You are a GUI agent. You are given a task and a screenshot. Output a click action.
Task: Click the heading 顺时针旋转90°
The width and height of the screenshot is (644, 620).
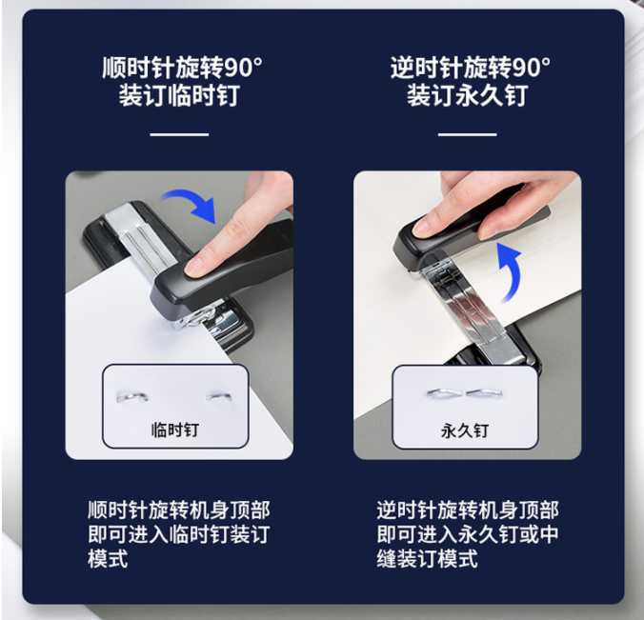(x=182, y=68)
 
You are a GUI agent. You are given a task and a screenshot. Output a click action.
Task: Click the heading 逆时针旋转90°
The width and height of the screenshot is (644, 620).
(x=471, y=68)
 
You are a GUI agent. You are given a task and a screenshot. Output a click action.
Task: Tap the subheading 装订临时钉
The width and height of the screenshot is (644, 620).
(x=179, y=95)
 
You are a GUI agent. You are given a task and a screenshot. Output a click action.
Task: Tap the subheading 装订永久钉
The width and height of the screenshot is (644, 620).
(x=468, y=95)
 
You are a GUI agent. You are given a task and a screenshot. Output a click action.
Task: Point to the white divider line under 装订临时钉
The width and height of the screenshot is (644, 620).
(x=179, y=134)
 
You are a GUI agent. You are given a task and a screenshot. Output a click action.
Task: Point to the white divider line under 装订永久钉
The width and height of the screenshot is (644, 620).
(x=468, y=134)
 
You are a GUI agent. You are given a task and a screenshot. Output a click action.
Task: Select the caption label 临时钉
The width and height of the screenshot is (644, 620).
(x=175, y=430)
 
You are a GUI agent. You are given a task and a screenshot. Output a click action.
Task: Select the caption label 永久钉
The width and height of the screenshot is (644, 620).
(x=465, y=430)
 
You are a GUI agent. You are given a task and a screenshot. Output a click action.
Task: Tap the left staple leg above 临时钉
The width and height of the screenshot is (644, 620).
(x=132, y=397)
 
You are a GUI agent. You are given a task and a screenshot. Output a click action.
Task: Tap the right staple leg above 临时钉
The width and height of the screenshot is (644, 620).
(x=219, y=397)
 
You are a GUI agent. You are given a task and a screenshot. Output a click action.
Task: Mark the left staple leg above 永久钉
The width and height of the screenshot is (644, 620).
(x=444, y=393)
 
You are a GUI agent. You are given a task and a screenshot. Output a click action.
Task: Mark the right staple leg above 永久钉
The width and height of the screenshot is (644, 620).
(x=485, y=393)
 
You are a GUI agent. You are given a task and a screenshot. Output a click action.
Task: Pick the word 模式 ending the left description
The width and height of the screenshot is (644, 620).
(x=108, y=558)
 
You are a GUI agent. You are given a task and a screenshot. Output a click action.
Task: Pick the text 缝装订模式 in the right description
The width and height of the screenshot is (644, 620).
(x=427, y=558)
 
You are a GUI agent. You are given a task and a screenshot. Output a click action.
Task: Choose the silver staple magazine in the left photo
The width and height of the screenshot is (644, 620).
(x=140, y=238)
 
